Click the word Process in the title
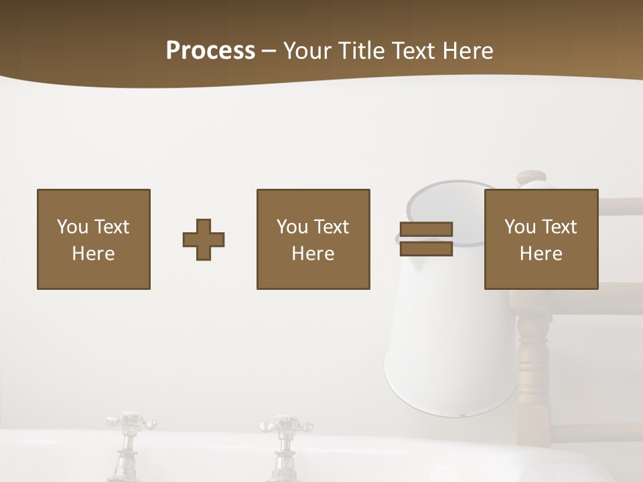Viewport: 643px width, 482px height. pos(210,51)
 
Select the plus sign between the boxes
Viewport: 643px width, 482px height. pos(204,240)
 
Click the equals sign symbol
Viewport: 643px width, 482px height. pos(426,240)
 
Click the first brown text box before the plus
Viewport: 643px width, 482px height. pos(94,239)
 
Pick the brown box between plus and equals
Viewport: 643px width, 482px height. pos(313,239)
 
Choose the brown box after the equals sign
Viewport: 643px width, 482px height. pos(541,239)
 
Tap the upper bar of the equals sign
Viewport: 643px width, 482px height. pos(426,230)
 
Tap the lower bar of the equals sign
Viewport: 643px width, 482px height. pos(426,248)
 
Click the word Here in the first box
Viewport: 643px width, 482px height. pos(94,254)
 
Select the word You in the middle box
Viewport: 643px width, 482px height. pos(291,227)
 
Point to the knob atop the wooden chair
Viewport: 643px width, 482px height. pos(532,177)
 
